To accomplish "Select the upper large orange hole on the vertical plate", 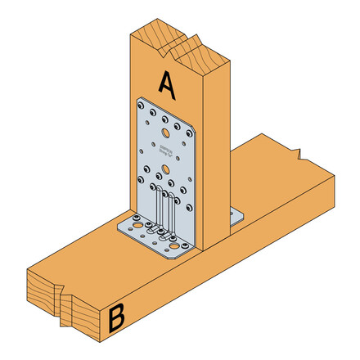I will [166, 131].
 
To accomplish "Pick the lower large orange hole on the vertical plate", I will [166, 170].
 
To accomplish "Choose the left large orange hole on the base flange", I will [136, 223].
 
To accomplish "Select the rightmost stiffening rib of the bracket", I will [174, 217].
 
